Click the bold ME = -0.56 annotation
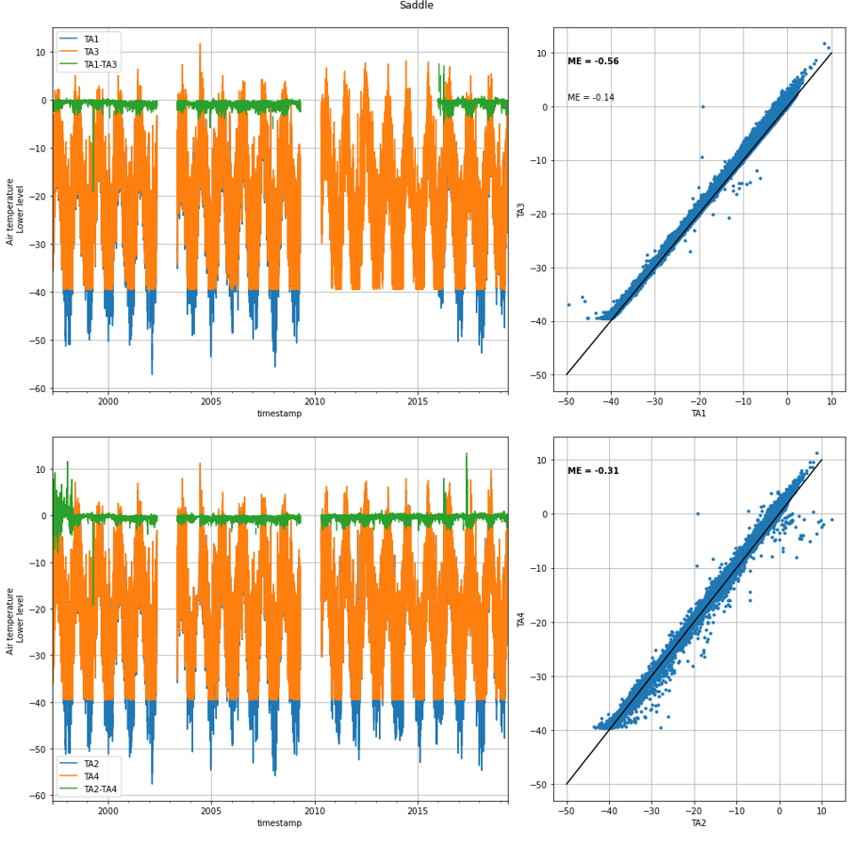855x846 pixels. (593, 61)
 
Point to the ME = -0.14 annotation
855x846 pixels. (590, 98)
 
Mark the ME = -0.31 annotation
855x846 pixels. (593, 471)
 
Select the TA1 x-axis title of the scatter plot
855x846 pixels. (699, 414)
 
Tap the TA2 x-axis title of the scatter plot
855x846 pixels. (699, 823)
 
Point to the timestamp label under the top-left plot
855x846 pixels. (279, 414)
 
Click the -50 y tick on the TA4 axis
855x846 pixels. (541, 785)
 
